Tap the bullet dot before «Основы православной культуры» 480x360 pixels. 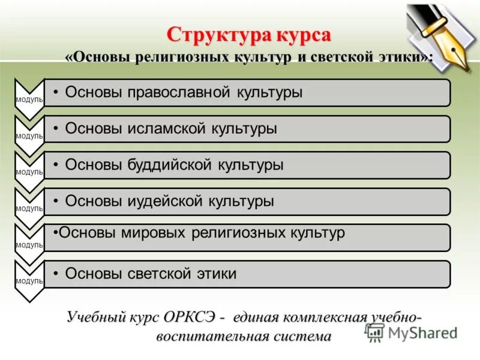55,92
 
